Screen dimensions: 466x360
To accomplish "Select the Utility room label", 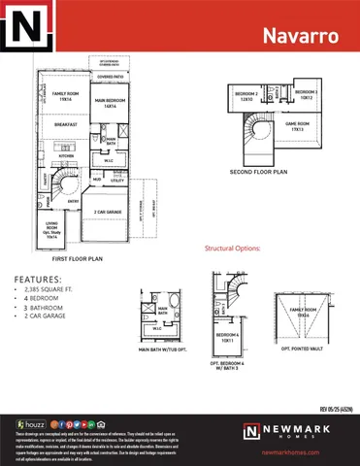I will pos(116,181).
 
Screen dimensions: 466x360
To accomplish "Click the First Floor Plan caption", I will pos(80,260).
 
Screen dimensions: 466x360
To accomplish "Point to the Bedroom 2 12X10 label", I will pos(245,96).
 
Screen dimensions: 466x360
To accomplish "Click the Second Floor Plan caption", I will pos(258,171).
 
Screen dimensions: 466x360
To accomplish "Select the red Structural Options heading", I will pos(233,249).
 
